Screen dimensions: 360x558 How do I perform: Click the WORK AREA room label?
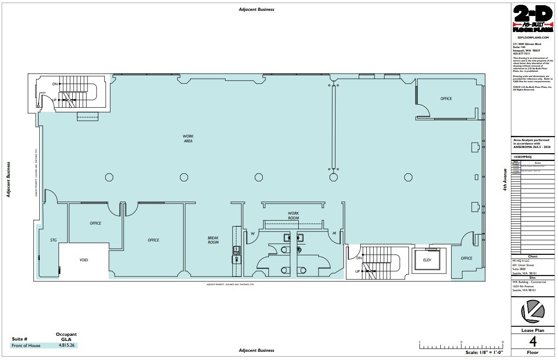(x=187, y=138)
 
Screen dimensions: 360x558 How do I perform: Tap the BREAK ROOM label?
(x=213, y=240)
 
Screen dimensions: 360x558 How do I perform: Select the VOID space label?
(x=84, y=260)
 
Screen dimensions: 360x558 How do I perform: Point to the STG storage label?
(x=53, y=240)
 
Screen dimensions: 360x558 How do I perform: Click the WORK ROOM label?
(x=294, y=215)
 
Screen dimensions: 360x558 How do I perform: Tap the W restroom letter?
(x=252, y=234)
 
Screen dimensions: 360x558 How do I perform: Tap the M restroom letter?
(x=334, y=234)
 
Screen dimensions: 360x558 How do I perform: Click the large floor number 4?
(x=533, y=342)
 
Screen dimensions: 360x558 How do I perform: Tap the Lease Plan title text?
(x=533, y=330)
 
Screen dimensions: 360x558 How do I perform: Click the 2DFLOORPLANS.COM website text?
(x=532, y=38)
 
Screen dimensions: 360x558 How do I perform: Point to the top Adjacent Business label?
(x=256, y=9)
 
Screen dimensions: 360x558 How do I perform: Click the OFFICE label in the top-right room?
(x=446, y=99)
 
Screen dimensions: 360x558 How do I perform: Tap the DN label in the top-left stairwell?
(x=55, y=84)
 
